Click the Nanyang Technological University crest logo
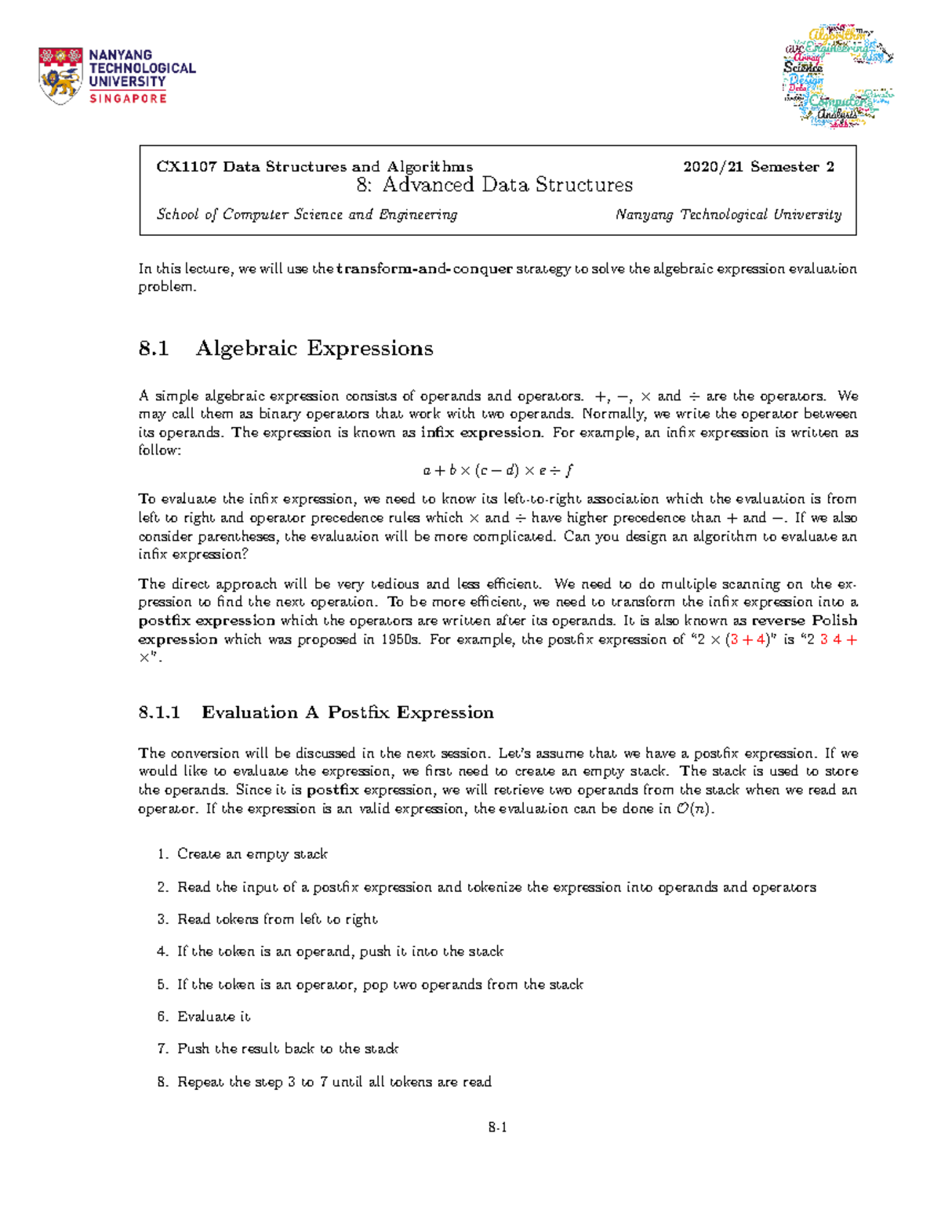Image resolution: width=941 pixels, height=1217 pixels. pyautogui.click(x=60, y=75)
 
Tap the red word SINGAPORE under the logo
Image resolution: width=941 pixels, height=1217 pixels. pyautogui.click(x=128, y=99)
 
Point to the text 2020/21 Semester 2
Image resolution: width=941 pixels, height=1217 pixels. pyautogui.click(x=758, y=166)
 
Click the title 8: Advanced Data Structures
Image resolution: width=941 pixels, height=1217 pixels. pyautogui.click(x=495, y=185)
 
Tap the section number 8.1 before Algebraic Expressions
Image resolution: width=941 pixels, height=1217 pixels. pyautogui.click(x=154, y=348)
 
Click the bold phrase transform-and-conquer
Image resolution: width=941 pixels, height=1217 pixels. pyautogui.click(x=424, y=269)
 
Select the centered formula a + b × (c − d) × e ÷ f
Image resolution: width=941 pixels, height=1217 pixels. pyautogui.click(x=498, y=471)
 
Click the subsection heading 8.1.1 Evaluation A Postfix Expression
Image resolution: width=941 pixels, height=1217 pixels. pyautogui.click(x=316, y=712)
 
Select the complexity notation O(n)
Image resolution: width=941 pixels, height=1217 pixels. pyautogui.click(x=693, y=809)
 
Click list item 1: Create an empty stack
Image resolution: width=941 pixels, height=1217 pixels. pyautogui.click(x=252, y=854)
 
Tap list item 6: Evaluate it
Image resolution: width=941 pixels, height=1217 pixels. pyautogui.click(x=213, y=1016)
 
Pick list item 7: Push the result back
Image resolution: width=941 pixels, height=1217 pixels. pyautogui.click(x=287, y=1049)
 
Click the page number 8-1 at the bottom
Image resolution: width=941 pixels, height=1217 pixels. pyautogui.click(x=498, y=1128)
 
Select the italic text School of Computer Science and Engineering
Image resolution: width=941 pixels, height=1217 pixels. pyautogui.click(x=307, y=215)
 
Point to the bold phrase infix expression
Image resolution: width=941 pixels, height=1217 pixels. pyautogui.click(x=481, y=433)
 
